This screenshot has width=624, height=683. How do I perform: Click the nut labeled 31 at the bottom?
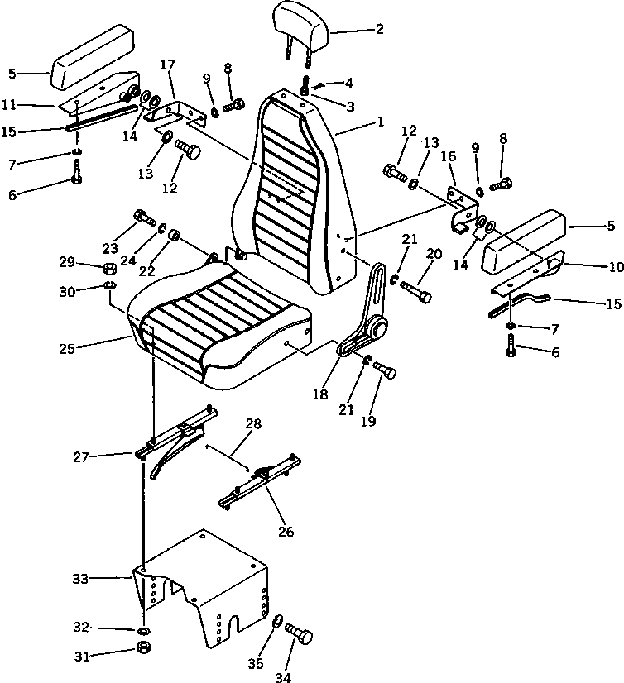(x=143, y=646)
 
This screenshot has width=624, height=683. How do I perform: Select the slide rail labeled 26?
(x=258, y=488)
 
